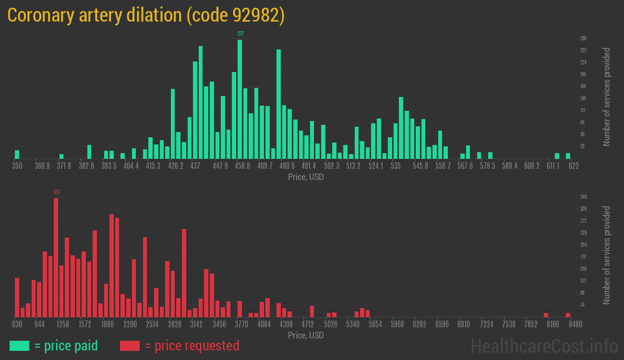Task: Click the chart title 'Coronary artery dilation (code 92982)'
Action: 146,15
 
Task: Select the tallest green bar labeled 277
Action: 240,99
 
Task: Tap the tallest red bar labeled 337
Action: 56,257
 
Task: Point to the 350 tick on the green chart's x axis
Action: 17,166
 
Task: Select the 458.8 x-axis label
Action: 242,166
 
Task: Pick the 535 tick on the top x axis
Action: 396,166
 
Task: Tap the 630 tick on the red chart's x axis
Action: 17,324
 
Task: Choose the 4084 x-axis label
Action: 264,324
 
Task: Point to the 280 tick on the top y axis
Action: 583,38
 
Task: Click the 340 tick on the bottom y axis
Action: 583,197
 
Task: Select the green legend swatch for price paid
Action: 19,346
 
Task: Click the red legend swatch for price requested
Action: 130,346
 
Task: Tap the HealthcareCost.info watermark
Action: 544,346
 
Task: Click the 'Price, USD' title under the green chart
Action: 306,177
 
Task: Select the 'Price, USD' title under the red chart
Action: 306,335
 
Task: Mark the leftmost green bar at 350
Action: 17,154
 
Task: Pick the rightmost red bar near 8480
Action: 568,315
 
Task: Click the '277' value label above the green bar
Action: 240,34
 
